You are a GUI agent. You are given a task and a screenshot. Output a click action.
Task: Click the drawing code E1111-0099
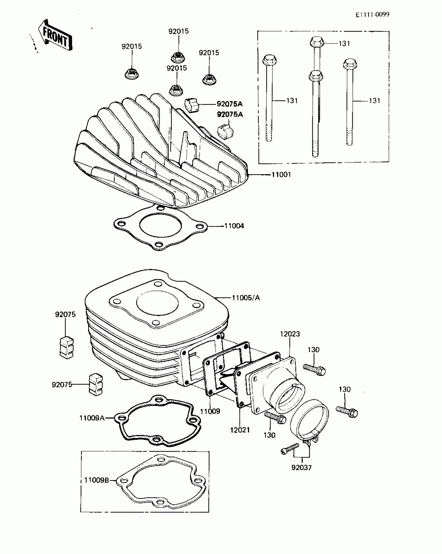pos(372,15)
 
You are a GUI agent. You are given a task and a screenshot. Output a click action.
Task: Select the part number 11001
pos(281,175)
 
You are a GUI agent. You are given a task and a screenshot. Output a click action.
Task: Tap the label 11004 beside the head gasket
pos(234,226)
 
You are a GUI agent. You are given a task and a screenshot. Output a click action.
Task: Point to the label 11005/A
pos(246,298)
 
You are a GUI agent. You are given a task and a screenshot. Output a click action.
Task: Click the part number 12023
pos(290,334)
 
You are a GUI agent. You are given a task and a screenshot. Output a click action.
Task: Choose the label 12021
pos(240,430)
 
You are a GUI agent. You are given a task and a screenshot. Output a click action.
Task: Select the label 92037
pos(301,468)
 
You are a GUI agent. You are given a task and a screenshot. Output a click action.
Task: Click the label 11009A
pos(92,418)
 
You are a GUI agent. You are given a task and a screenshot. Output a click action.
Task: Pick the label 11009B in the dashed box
pos(96,480)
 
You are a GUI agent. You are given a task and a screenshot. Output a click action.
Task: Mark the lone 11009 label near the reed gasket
pos(210,411)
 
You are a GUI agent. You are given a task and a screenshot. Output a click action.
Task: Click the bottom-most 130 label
pos(269,435)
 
